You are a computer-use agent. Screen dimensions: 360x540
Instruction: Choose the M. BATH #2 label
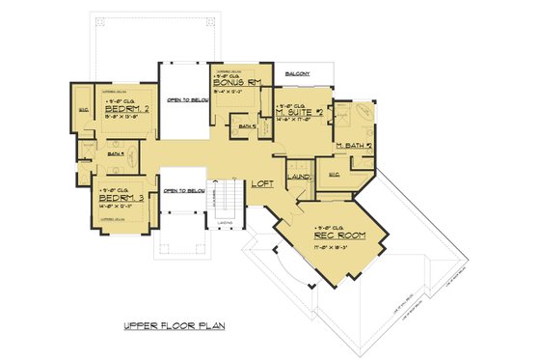pos(354,146)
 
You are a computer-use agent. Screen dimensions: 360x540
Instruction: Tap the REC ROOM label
pos(330,235)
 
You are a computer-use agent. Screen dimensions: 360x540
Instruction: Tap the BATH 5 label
pos(246,126)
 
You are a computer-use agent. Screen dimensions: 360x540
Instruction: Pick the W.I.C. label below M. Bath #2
pos(335,174)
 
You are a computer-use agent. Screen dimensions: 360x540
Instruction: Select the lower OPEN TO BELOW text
pos(183,190)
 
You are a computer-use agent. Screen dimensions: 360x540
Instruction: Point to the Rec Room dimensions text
pos(330,246)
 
